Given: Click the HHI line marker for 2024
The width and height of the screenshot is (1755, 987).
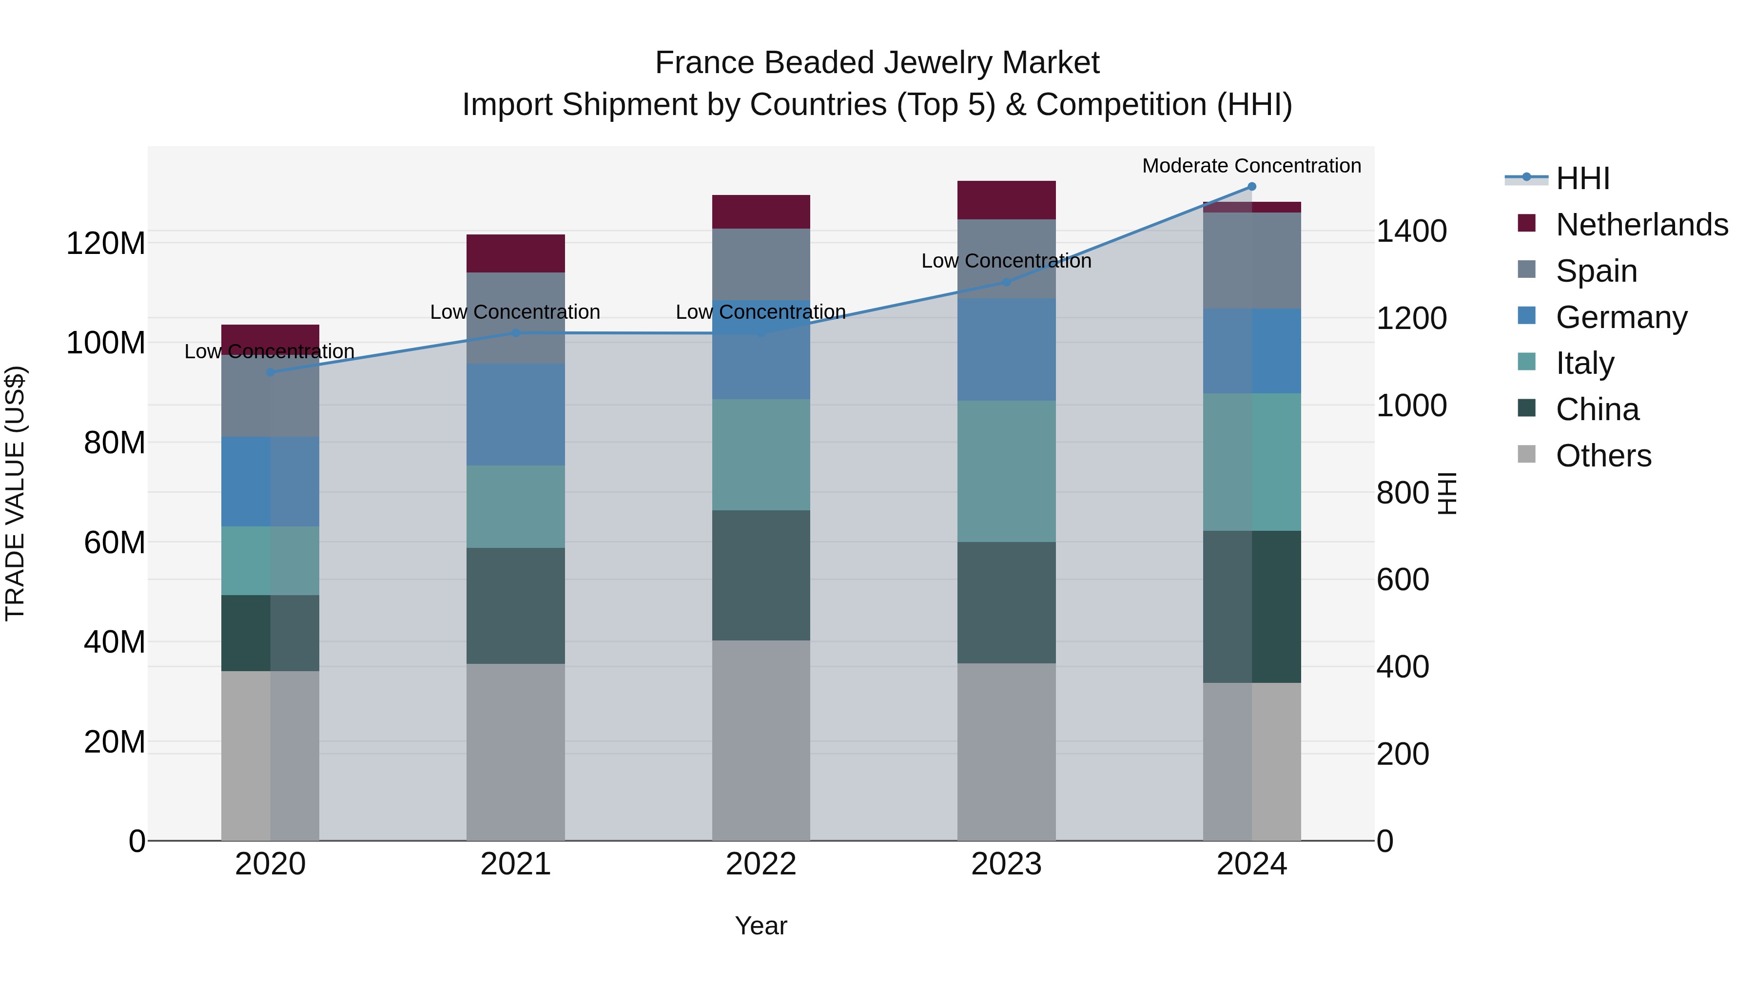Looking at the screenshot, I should pyautogui.click(x=1251, y=187).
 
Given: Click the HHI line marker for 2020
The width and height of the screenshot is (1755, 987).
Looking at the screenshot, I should pyautogui.click(x=271, y=372).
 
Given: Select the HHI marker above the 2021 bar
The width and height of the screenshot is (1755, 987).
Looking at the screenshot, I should pyautogui.click(x=516, y=333).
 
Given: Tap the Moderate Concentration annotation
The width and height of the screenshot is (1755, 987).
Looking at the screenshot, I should pyautogui.click(x=1251, y=166).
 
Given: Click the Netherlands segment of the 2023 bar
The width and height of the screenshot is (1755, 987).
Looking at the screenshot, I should pyautogui.click(x=1006, y=200).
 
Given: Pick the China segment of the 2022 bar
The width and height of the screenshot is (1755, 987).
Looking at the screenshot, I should pyautogui.click(x=761, y=576).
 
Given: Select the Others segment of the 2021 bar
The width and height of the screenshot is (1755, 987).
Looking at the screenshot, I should pyautogui.click(x=516, y=752).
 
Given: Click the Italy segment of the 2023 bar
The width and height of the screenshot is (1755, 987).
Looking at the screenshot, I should pyautogui.click(x=1006, y=471).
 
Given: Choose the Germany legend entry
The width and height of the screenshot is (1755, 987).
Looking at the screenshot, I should pyautogui.click(x=1621, y=317).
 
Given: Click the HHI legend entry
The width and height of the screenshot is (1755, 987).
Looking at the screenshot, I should pyautogui.click(x=1582, y=178).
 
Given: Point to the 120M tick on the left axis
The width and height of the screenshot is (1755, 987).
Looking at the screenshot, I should pyautogui.click(x=106, y=243).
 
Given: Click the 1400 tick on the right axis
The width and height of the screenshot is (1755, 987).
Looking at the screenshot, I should pyautogui.click(x=1411, y=231).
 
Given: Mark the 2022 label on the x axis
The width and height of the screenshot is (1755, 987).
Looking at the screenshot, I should pyautogui.click(x=761, y=864).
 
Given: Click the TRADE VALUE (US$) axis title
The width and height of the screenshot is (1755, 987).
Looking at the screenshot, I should pyautogui.click(x=15, y=493).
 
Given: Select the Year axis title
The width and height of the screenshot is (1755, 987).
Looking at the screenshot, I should pyautogui.click(x=761, y=926).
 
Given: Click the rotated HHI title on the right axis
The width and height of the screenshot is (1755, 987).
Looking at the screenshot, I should pyautogui.click(x=1446, y=493).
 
